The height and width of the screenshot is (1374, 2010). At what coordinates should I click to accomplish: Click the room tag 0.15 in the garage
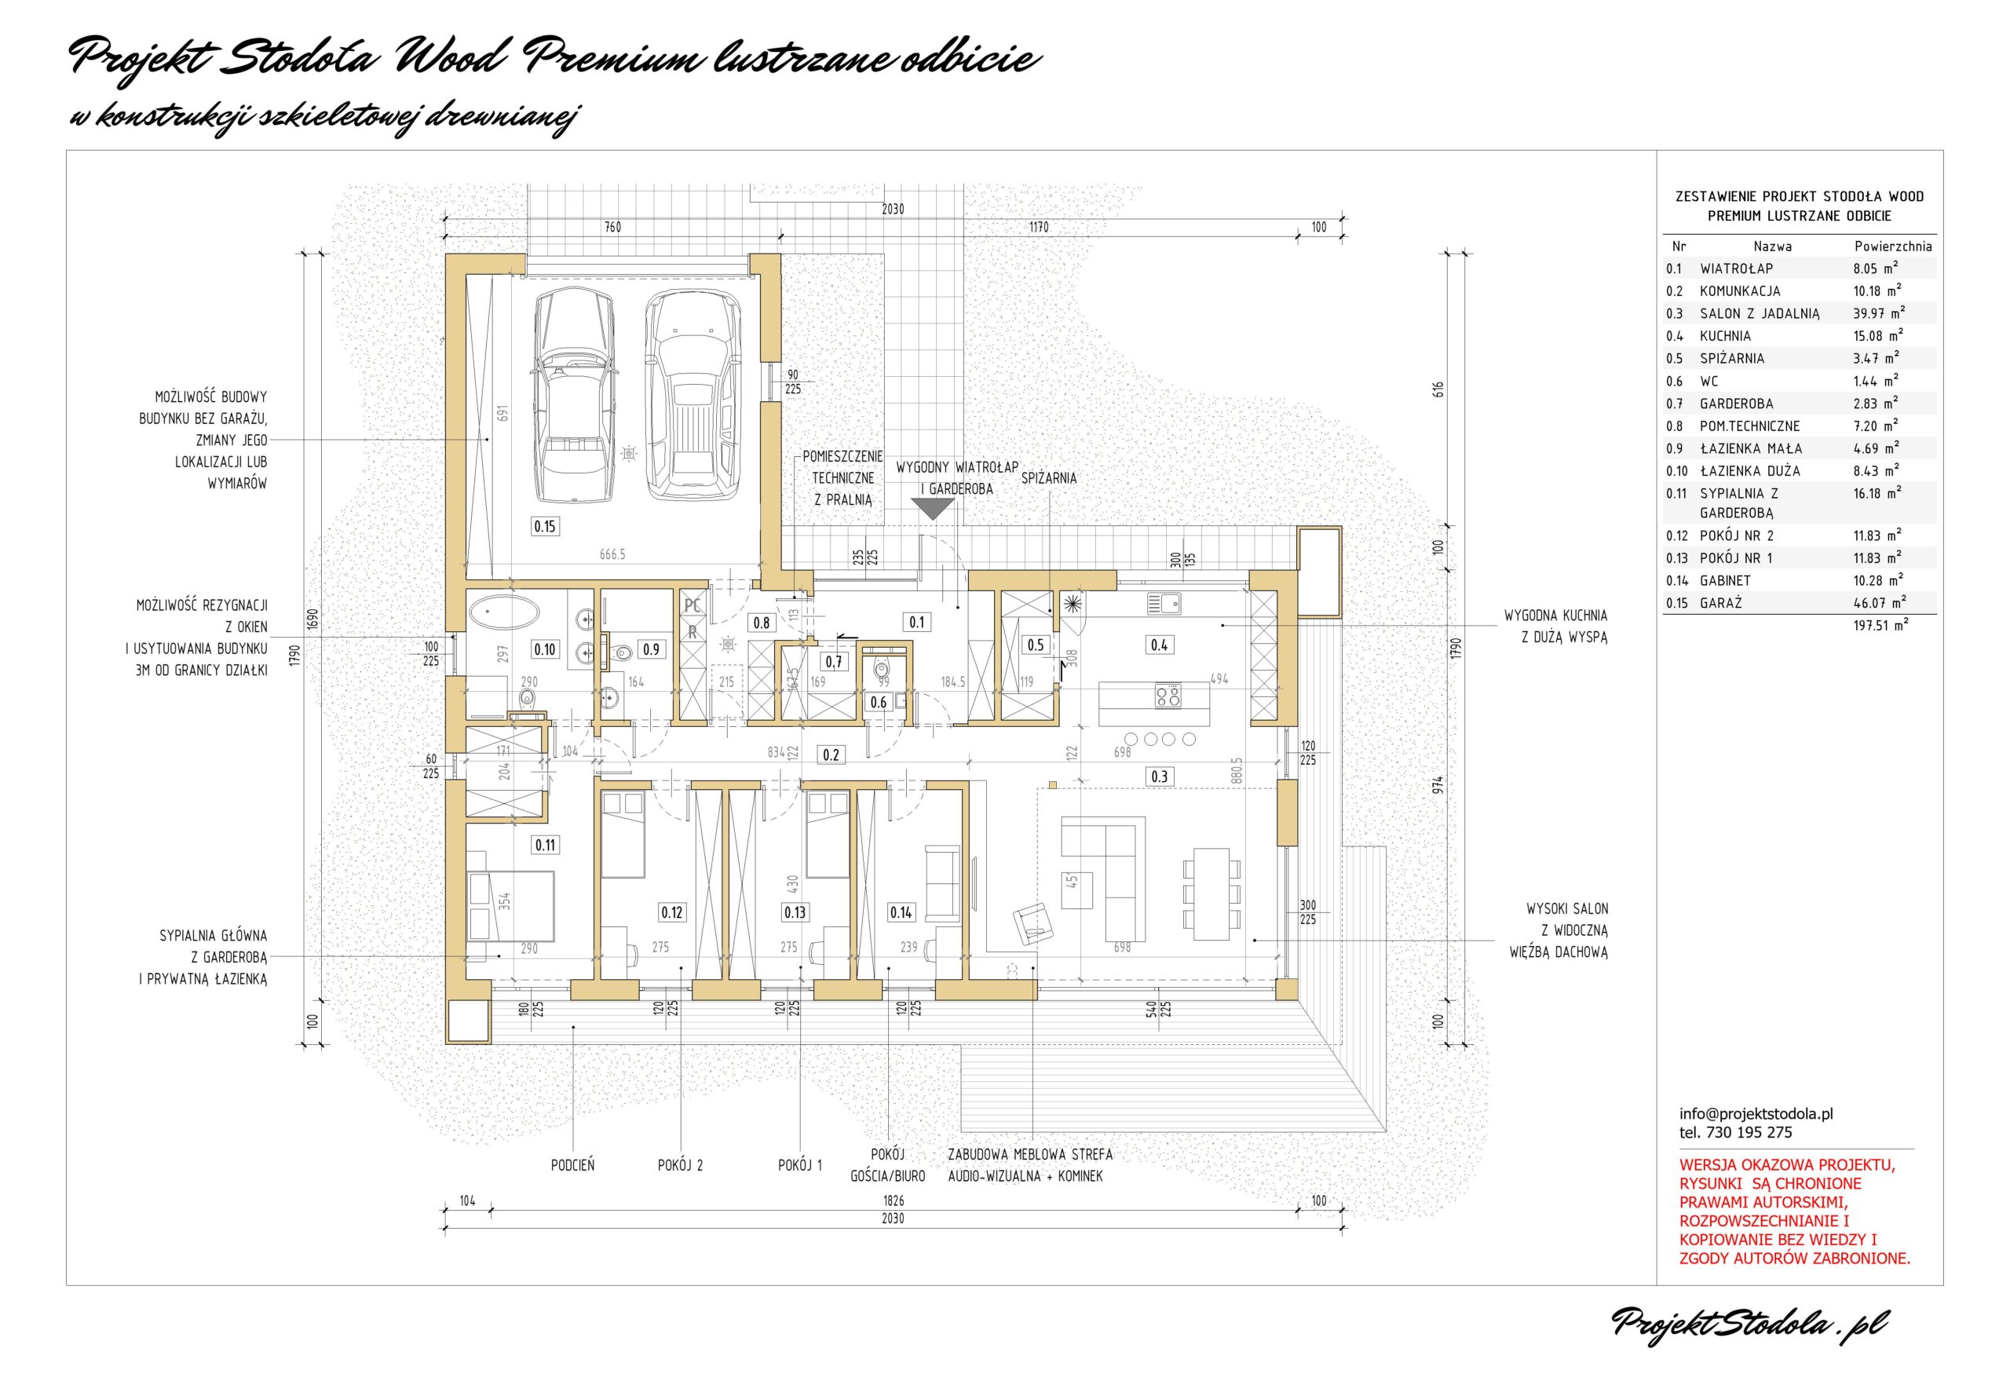(x=545, y=526)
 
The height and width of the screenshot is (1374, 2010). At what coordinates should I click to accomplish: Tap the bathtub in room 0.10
(x=504, y=615)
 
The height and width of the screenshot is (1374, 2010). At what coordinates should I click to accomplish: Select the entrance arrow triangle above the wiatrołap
(x=931, y=510)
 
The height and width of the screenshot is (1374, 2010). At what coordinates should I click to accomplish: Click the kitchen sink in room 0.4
(x=1164, y=603)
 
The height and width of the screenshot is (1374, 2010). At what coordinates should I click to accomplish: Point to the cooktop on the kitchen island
(x=1168, y=694)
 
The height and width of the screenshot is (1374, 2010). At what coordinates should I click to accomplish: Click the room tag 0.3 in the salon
(x=1159, y=777)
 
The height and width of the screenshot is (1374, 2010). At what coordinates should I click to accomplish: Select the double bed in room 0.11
(x=510, y=905)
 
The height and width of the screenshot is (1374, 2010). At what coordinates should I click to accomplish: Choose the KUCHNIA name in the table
(x=1726, y=336)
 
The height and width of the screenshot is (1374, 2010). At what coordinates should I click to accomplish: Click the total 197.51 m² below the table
(x=1880, y=625)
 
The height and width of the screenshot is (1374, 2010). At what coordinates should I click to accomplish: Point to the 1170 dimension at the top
(x=1039, y=228)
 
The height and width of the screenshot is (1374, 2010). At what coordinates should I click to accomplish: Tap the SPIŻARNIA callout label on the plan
(x=1049, y=477)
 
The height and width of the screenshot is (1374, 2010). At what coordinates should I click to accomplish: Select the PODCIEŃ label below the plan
(x=572, y=1164)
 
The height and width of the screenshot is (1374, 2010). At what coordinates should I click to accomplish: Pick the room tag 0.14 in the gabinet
(x=901, y=912)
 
